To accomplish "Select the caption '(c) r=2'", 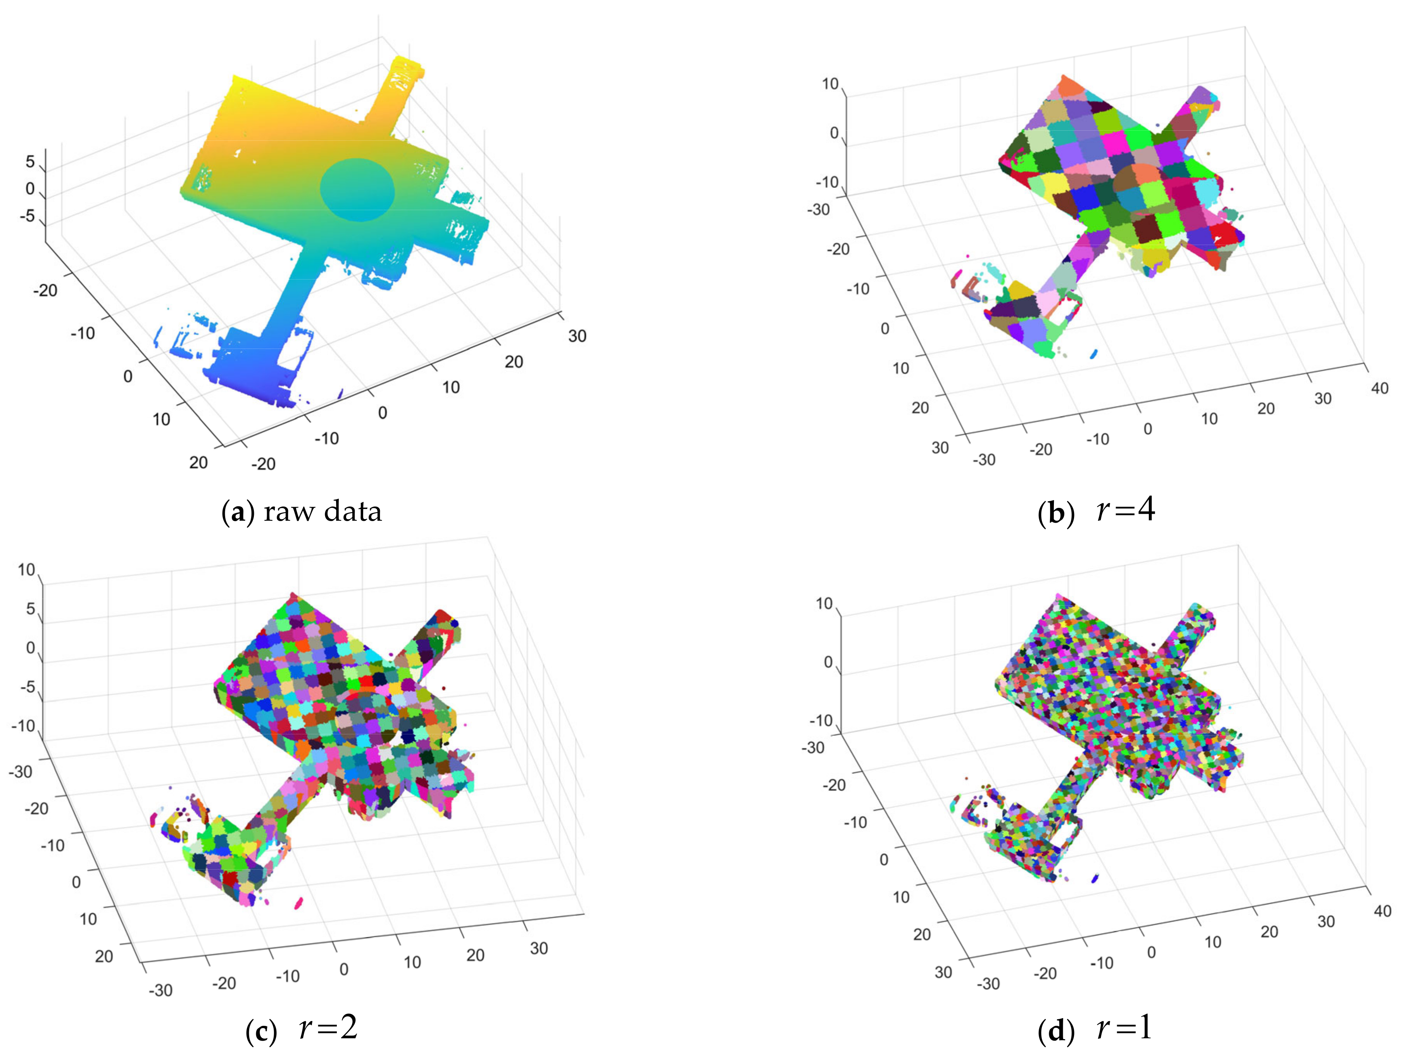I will [302, 1029].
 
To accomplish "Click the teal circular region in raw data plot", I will [357, 190].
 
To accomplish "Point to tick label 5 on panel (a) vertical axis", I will [30, 162].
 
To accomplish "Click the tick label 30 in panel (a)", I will [577, 336].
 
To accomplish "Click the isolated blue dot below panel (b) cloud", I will [1094, 354].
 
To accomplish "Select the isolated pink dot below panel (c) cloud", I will [298, 903].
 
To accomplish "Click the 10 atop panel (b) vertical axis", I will [830, 84].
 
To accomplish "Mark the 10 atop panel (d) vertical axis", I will [824, 603].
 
